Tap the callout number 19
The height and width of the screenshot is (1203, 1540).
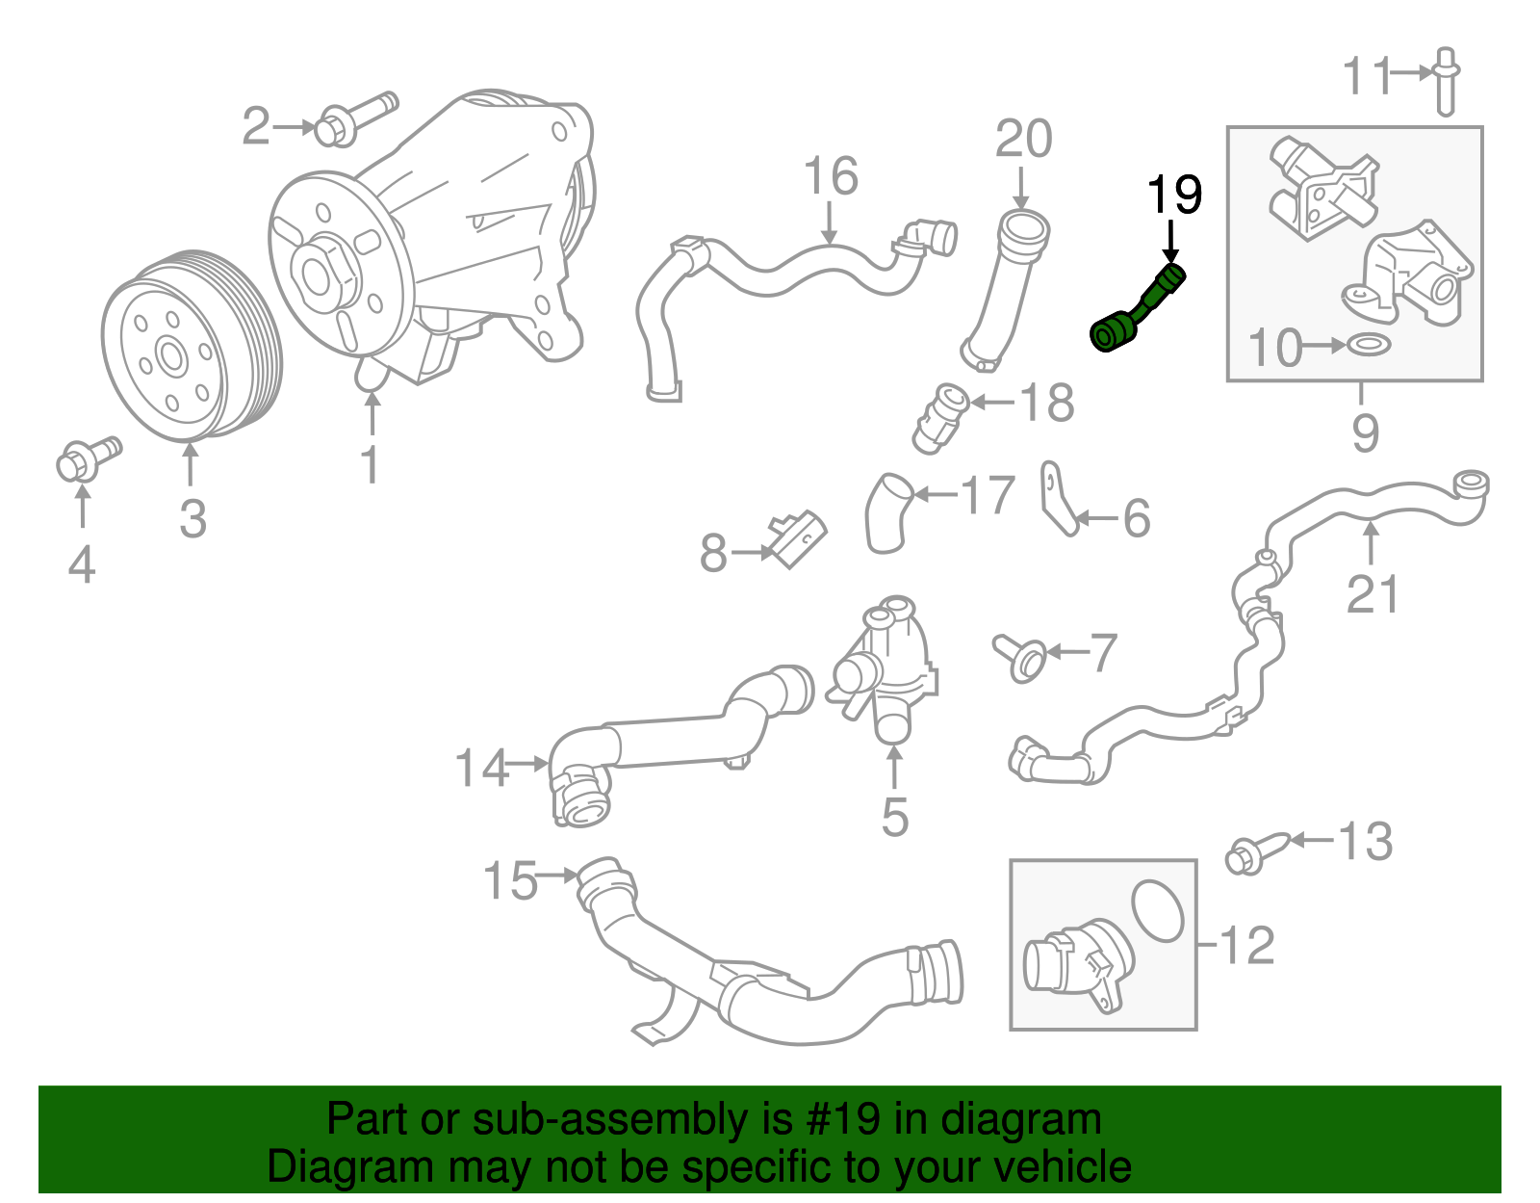1174,196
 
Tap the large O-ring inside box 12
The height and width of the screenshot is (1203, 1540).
1158,909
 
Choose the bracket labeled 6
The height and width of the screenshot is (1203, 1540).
1058,500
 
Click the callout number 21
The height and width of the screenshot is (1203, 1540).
1372,594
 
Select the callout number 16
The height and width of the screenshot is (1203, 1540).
830,176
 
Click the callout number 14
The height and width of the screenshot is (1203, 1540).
480,769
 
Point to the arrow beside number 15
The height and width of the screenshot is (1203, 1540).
556,876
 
